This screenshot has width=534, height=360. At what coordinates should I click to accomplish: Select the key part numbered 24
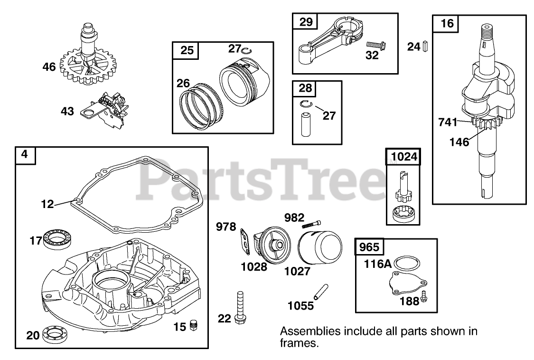pos(426,46)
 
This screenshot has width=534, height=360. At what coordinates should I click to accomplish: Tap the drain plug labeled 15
pos(193,325)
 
